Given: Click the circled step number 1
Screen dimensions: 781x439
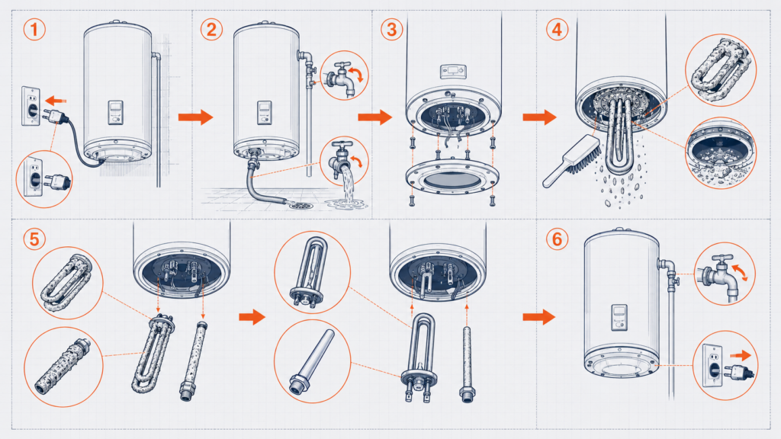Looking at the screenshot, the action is [x=34, y=30].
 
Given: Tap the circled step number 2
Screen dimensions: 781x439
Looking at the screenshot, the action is [x=212, y=30].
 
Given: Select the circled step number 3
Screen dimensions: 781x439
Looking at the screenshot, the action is [x=392, y=30].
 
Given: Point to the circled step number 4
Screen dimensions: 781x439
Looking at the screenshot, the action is [x=557, y=30].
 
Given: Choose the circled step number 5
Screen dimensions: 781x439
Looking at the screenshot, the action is [x=34, y=239].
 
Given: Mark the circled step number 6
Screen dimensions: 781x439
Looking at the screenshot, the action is [x=557, y=239].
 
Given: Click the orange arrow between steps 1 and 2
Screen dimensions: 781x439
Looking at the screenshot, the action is [x=196, y=117].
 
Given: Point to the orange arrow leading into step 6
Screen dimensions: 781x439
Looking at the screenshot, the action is [x=539, y=316].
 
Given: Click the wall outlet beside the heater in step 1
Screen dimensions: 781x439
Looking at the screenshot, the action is [x=31, y=106].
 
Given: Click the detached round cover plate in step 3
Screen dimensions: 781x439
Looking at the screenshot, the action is [x=452, y=178].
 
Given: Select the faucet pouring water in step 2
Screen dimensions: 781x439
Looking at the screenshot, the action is [x=342, y=160].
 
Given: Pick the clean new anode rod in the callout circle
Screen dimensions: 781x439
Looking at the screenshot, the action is [x=313, y=362].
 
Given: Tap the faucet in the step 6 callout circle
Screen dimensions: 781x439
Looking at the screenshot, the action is [x=722, y=275].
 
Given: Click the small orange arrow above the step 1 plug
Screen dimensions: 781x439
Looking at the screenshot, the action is [x=57, y=101].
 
